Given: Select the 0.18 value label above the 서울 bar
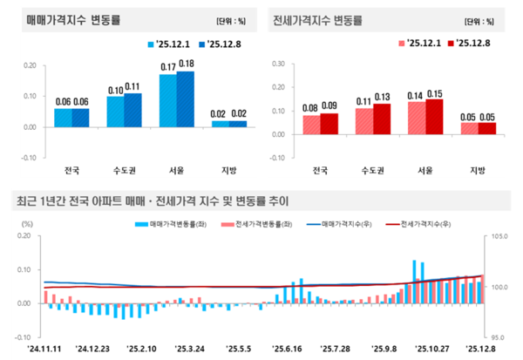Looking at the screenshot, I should point(186,64).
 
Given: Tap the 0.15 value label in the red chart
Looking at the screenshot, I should point(434,92).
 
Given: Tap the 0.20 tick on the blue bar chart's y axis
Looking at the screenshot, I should point(29,65).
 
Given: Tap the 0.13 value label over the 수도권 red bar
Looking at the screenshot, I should point(382,97).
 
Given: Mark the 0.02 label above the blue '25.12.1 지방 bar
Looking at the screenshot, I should point(220,113).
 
